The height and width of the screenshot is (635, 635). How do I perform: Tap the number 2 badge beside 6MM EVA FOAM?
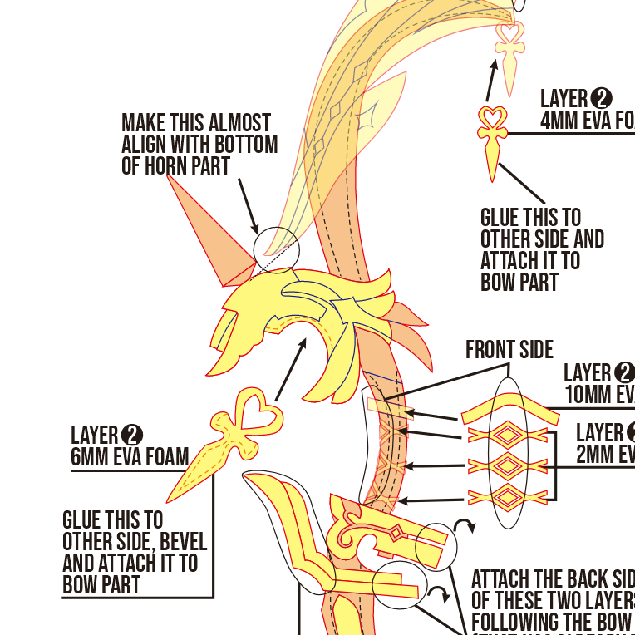tap(132, 435)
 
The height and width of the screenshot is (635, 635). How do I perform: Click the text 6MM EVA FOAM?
tap(130, 456)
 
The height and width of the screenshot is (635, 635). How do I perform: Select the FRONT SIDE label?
tap(509, 350)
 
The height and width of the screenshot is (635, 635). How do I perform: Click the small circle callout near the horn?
tap(275, 250)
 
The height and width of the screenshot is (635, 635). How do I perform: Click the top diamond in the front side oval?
tap(507, 435)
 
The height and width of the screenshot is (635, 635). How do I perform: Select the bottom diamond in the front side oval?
tap(507, 498)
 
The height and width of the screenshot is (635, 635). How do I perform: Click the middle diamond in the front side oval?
tap(507, 466)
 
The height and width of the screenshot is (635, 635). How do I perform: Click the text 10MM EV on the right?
tap(599, 394)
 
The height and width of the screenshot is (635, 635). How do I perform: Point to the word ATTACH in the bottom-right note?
tap(506, 579)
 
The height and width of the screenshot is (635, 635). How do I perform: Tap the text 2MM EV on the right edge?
tap(605, 455)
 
